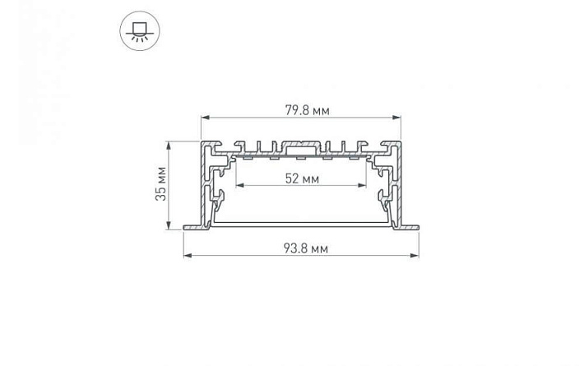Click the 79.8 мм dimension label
tap(308, 110)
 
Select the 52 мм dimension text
tap(302, 179)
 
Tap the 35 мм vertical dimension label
tap(161, 184)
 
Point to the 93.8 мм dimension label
tap(306, 248)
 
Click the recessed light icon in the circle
tap(140, 31)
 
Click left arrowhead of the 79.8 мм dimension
tap(206, 118)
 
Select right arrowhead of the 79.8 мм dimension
tap(396, 118)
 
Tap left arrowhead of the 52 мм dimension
tap(240, 185)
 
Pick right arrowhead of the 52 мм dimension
tap(362, 185)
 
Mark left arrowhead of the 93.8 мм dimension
tap(188, 256)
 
